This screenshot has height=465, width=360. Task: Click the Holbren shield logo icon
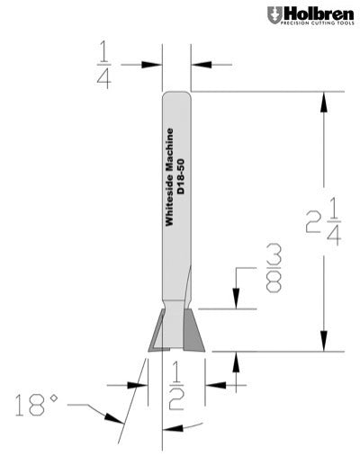point(274,14)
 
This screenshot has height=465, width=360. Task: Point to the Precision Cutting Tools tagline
point(316,25)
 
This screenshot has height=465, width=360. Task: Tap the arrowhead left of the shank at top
point(155,64)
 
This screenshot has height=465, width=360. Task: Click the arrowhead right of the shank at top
point(197,64)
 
